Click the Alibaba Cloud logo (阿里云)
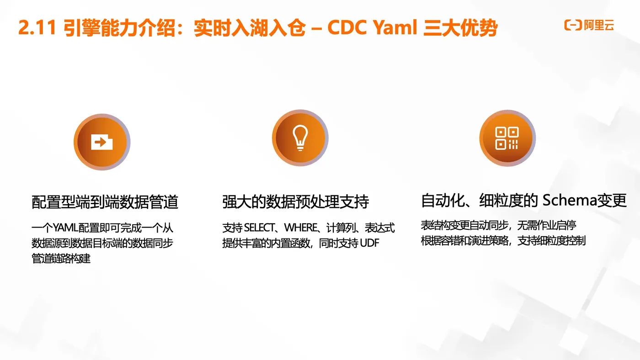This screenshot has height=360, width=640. (x=589, y=25)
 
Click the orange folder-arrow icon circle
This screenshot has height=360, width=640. (x=102, y=142)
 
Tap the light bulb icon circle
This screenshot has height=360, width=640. (x=300, y=138)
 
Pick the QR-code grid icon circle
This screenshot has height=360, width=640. (x=507, y=138)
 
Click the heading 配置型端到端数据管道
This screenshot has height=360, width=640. (x=105, y=202)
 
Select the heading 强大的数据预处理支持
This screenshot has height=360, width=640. (x=295, y=202)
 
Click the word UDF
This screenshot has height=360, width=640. (x=369, y=243)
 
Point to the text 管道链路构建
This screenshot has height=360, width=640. (x=61, y=258)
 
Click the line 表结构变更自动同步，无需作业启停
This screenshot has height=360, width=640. (x=498, y=225)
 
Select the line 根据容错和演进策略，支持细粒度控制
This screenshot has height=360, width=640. (x=503, y=240)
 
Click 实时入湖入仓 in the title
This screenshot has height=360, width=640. (x=249, y=29)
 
